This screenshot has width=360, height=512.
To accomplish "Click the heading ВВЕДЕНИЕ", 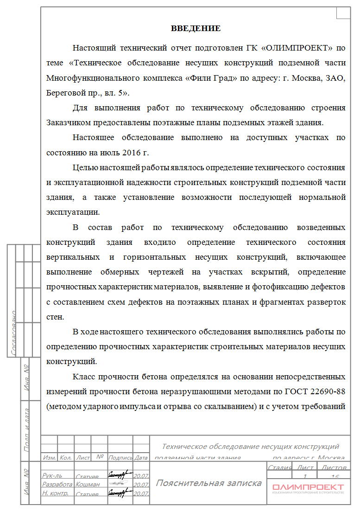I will click(196, 29).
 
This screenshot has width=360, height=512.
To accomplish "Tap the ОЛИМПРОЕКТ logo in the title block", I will click(308, 487).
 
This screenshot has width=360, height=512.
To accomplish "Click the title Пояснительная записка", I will click(208, 483).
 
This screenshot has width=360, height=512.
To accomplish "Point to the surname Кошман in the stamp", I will click(87, 485).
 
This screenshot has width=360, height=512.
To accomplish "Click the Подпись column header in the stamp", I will click(120, 457).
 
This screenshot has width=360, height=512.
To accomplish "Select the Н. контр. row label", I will click(55, 493).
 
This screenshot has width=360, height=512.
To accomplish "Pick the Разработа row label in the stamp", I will click(57, 485).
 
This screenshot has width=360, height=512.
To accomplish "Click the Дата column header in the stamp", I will click(141, 457).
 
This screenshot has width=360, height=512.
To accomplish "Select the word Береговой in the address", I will click(69, 93).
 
